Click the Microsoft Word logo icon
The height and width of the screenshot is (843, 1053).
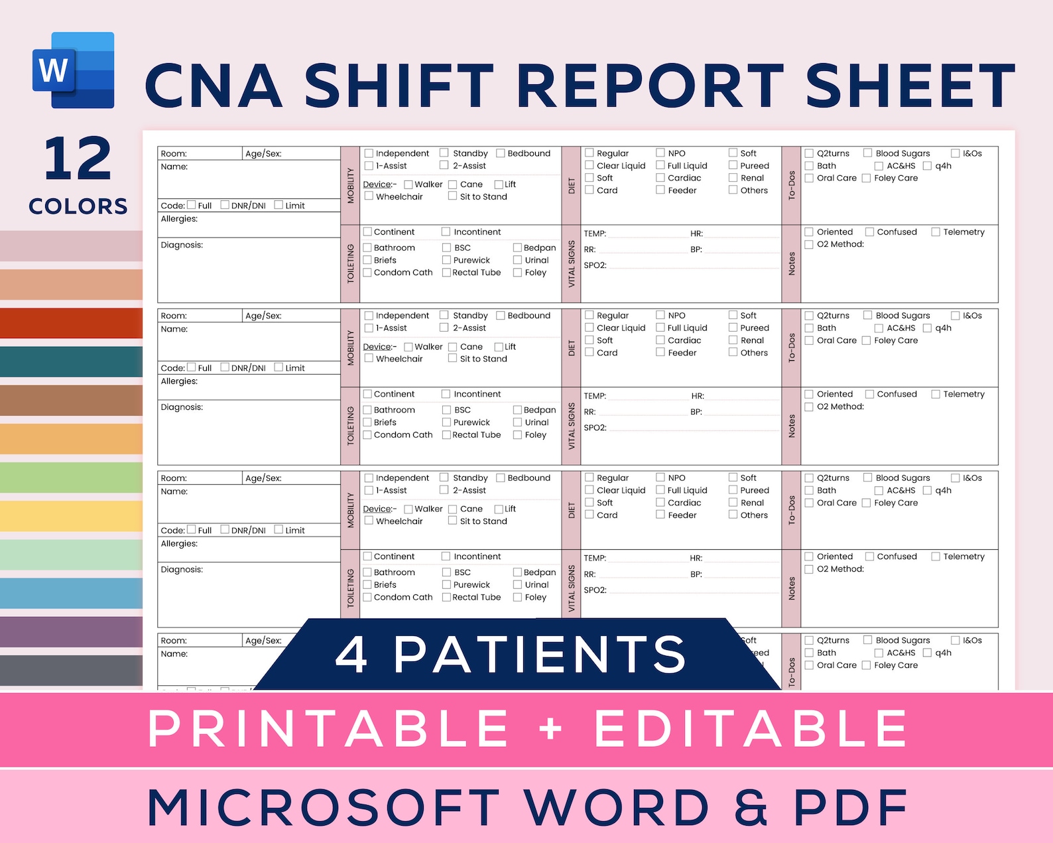click(x=73, y=70)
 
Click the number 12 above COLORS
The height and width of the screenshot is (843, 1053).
click(x=78, y=159)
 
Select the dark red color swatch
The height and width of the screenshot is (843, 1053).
click(x=71, y=323)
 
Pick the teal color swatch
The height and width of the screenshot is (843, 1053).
click(x=71, y=361)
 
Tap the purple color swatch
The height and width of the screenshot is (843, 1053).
click(x=71, y=631)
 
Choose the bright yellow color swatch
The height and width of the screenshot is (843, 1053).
click(x=71, y=516)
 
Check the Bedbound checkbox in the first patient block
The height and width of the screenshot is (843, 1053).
click(x=501, y=153)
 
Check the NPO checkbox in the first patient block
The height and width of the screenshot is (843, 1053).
click(x=660, y=153)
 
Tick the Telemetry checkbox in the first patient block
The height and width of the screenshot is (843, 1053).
click(x=936, y=232)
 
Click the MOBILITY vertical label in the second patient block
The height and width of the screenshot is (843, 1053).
click(x=350, y=348)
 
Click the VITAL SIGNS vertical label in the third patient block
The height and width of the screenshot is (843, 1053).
click(x=571, y=588)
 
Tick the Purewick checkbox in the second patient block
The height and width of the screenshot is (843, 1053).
click(x=447, y=422)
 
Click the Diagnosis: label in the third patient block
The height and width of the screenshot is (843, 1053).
click(x=182, y=570)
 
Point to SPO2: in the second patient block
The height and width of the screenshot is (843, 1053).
click(x=595, y=428)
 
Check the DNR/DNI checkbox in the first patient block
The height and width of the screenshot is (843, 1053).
click(x=225, y=205)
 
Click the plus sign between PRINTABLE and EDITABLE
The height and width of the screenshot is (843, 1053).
click(x=551, y=728)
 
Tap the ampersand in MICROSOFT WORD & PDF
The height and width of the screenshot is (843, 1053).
click(x=751, y=807)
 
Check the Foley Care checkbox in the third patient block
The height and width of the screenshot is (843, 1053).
click(x=866, y=503)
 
